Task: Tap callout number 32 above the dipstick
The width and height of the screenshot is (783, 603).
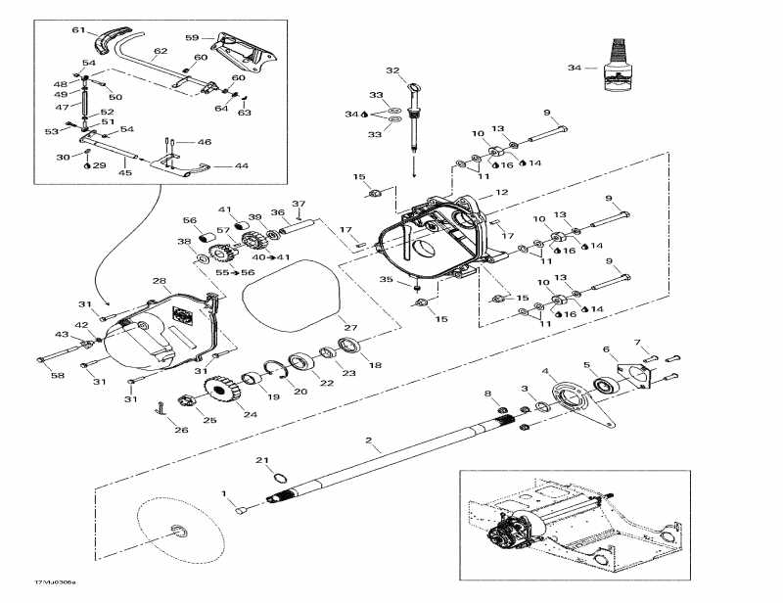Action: [x=392, y=70]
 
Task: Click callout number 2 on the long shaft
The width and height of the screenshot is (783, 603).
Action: [x=368, y=442]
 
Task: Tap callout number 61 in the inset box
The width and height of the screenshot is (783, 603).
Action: [x=79, y=30]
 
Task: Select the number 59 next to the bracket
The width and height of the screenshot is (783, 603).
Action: [x=192, y=38]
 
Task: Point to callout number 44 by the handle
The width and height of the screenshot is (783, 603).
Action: [x=240, y=165]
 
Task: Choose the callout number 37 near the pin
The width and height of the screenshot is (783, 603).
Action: [x=298, y=204]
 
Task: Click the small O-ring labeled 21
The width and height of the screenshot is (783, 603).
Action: [x=277, y=478]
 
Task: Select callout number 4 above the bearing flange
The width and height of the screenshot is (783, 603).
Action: [x=547, y=372]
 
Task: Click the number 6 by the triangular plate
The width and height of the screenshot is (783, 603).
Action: [x=606, y=349]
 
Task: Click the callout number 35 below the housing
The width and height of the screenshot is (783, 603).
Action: [x=386, y=280]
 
